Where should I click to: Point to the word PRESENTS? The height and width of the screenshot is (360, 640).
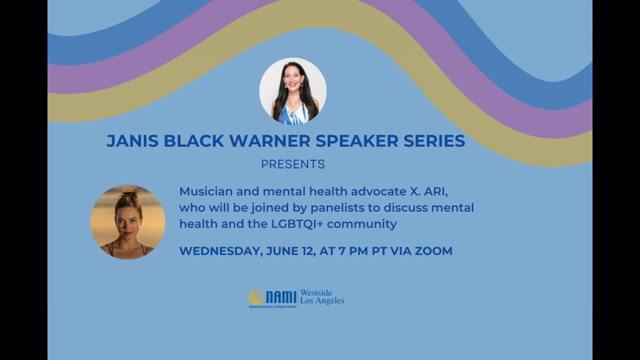(293, 164)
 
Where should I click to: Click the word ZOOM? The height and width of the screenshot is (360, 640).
(433, 251)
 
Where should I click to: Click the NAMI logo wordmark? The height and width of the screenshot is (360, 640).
(281, 297)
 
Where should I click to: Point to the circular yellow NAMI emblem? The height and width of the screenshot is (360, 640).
(256, 297)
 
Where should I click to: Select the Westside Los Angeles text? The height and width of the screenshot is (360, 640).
(321, 297)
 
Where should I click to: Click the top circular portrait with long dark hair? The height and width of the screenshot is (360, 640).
(293, 90)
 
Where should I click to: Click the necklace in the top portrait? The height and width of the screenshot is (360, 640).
(293, 106)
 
